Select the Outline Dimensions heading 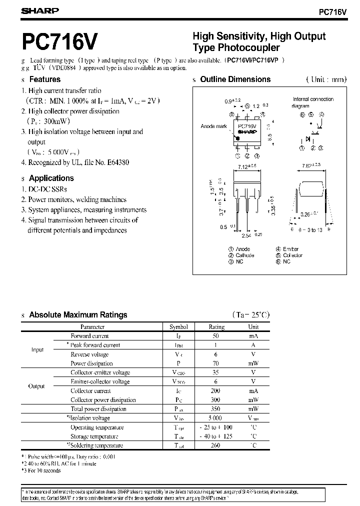tap(235, 79)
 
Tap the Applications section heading tap(51, 178)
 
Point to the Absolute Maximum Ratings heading tap(78, 315)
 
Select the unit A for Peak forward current tap(253, 345)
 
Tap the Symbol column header tap(178, 327)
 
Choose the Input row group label tap(37, 350)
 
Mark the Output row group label tap(36, 386)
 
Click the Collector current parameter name tap(90, 391)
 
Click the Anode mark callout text tap(214, 126)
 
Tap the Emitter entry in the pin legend tap(290, 249)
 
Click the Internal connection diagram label tap(313, 102)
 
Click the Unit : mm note tap(325, 79)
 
